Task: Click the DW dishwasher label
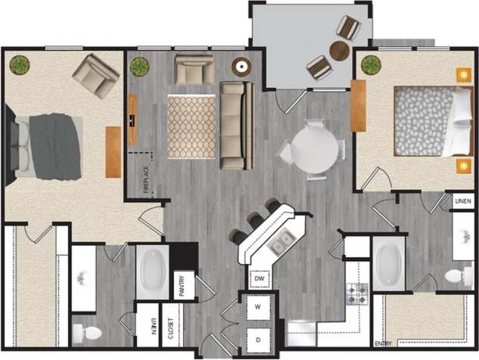(x=259, y=278)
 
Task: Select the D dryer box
(x=258, y=340)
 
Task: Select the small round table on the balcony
(x=340, y=51)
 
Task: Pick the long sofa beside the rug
(x=235, y=125)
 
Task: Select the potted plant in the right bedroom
(x=370, y=65)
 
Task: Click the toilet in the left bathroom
(x=85, y=333)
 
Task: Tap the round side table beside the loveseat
(x=241, y=67)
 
